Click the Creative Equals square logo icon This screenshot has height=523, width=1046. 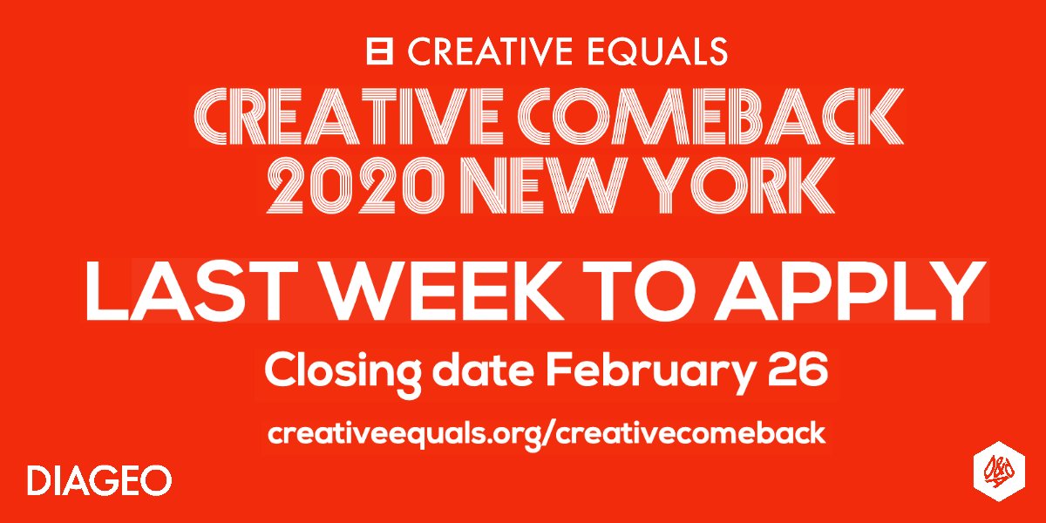pos(381,51)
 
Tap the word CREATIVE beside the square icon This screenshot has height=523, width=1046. pos(486,51)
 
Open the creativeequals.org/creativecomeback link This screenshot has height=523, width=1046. pos(546,434)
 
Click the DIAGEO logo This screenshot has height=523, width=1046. pos(98,480)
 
